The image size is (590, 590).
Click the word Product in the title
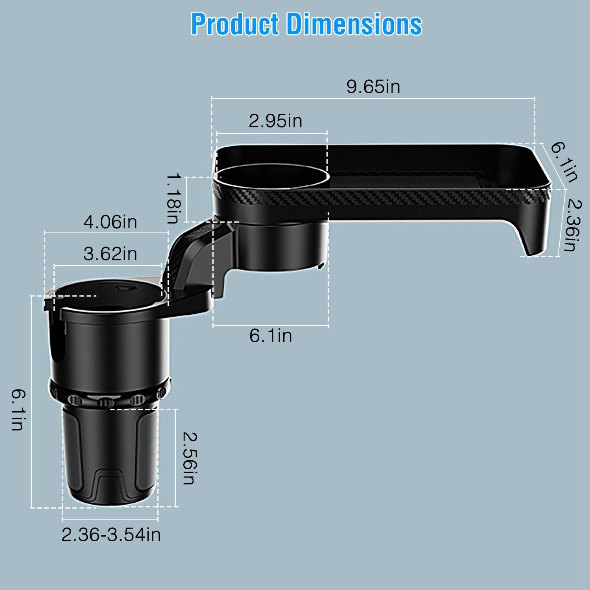235,24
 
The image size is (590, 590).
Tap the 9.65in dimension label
373,87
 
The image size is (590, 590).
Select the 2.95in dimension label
275,121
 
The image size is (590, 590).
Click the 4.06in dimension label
110,222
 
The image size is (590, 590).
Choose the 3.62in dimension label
110,254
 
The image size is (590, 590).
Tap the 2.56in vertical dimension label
189,458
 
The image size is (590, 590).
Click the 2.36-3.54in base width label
111,535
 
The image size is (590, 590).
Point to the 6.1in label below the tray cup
271,336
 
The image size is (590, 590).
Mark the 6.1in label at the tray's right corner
563,162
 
